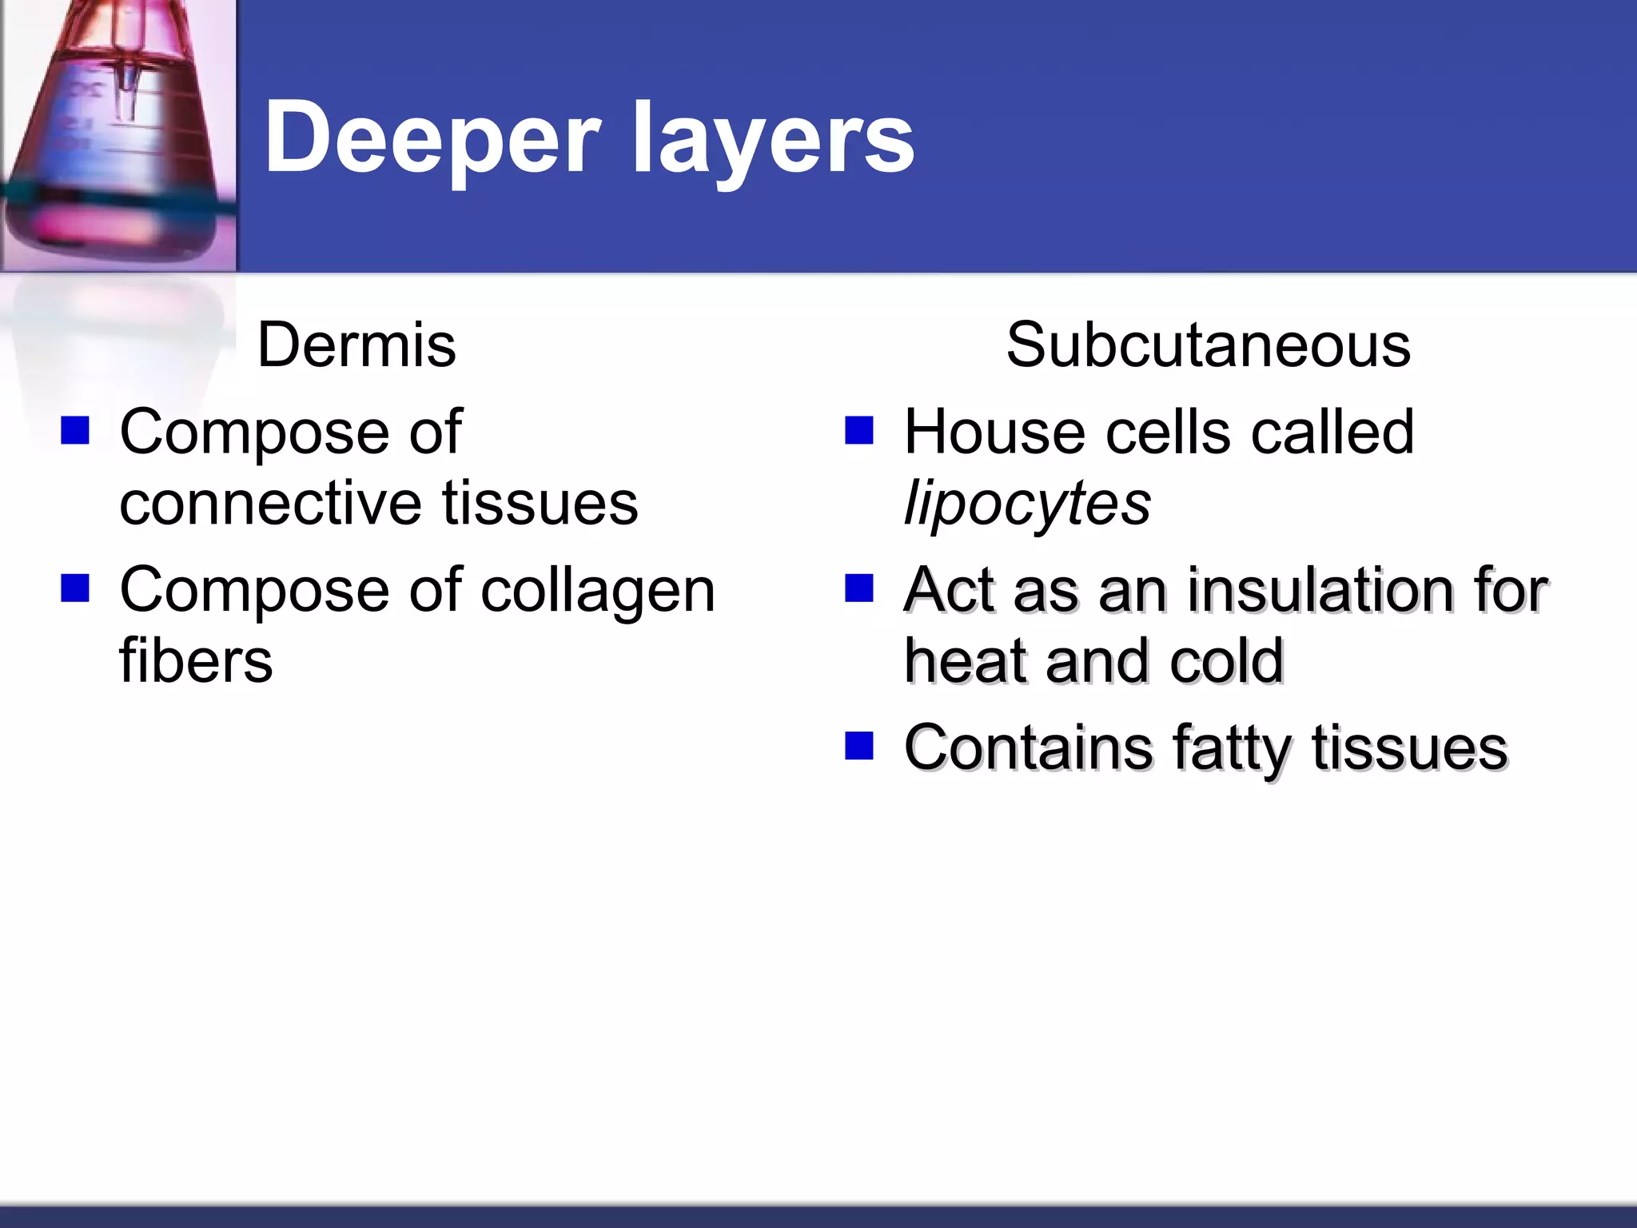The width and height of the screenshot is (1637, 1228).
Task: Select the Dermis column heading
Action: click(356, 345)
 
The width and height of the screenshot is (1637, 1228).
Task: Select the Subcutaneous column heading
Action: click(1208, 345)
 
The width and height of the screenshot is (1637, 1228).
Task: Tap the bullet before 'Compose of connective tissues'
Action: click(75, 431)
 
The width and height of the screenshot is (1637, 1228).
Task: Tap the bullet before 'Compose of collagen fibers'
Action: click(75, 589)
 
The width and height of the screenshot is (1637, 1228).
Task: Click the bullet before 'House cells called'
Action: click(859, 431)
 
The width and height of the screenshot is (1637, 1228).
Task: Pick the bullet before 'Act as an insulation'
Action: click(859, 589)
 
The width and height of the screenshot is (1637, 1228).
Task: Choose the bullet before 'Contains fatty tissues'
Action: click(859, 747)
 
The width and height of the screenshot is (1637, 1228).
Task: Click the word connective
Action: click(269, 504)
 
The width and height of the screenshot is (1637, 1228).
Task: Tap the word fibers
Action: click(196, 662)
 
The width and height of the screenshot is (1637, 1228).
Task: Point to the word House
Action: click(995, 433)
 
